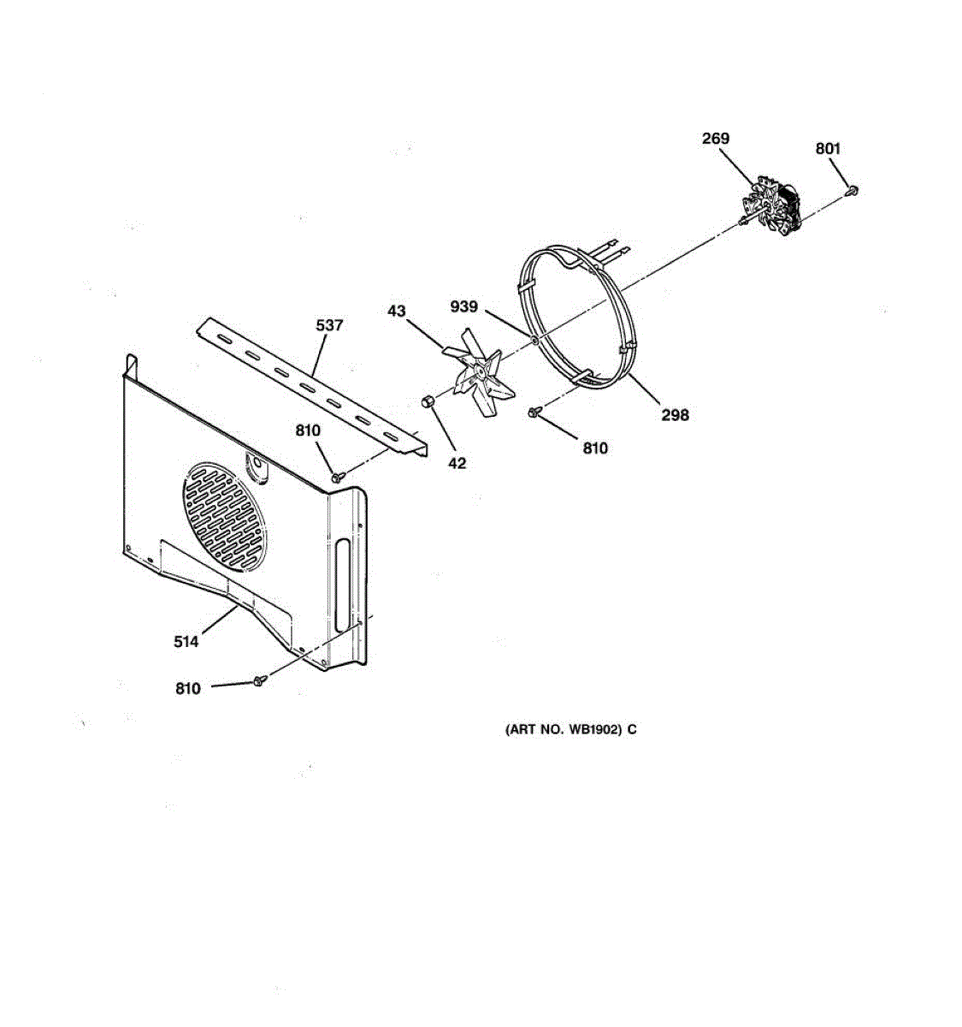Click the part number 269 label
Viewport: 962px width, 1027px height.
pos(716,139)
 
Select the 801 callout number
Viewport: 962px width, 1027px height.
pos(828,149)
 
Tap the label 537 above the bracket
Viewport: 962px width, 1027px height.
pos(329,325)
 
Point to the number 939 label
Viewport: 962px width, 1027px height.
pos(464,307)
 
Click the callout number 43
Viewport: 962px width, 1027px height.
pos(397,312)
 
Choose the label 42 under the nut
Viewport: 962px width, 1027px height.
pos(457,463)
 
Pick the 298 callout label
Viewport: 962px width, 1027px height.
pos(675,415)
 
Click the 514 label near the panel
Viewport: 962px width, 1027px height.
pos(186,641)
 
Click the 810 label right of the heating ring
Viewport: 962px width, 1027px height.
pos(595,448)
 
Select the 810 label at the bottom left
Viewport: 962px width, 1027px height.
pos(187,689)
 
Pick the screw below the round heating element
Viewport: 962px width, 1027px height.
pos(534,413)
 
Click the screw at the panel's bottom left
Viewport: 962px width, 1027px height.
pos(260,680)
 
